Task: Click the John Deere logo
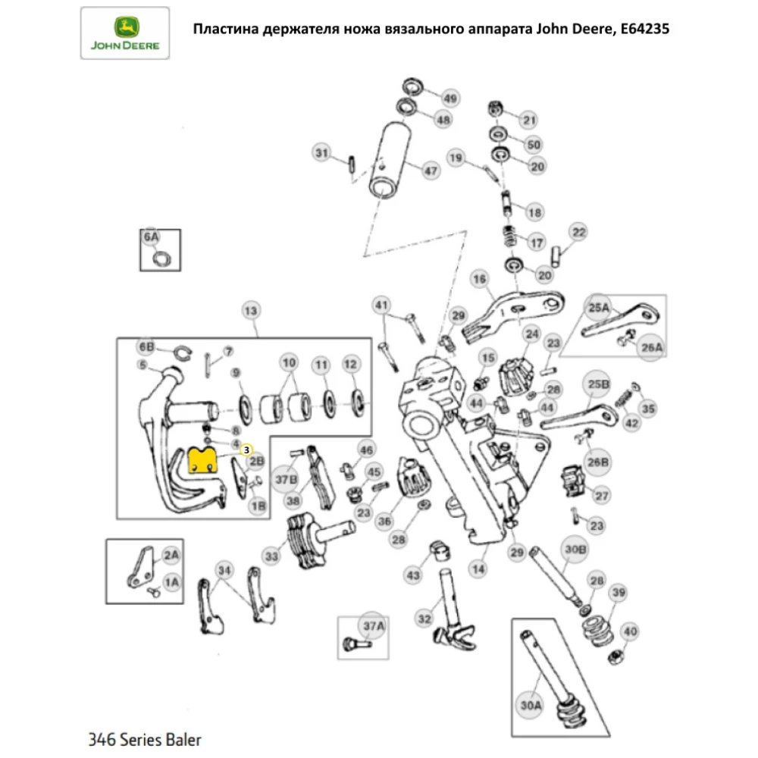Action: [126, 33]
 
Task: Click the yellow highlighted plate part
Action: [202, 461]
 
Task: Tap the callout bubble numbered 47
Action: [431, 171]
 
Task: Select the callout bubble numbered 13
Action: [250, 311]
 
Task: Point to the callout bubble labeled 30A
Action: [529, 704]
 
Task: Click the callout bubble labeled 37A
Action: [373, 625]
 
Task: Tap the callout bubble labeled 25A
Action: [600, 307]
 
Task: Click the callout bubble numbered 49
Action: [451, 99]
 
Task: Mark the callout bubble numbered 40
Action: [629, 631]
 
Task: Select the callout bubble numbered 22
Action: [578, 232]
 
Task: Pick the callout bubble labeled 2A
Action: [172, 556]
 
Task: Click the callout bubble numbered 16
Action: [479, 280]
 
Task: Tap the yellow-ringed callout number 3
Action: [246, 449]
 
